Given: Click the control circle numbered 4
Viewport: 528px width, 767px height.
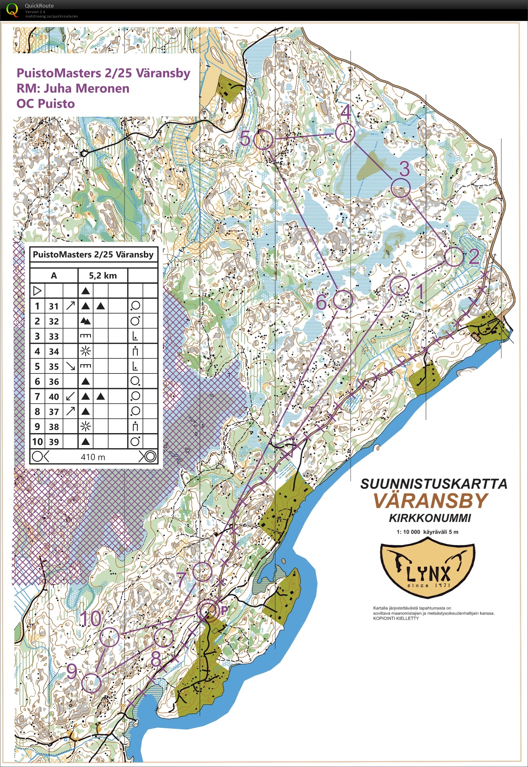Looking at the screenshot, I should click(x=345, y=133).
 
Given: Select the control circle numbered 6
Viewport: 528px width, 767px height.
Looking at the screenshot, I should click(x=343, y=300).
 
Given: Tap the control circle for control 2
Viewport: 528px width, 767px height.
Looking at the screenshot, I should click(x=454, y=257).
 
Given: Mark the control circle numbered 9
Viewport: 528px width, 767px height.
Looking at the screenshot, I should click(x=91, y=683).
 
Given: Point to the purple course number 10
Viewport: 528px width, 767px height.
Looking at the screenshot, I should click(x=91, y=618).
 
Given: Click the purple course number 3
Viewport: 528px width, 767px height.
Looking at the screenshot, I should click(x=404, y=169).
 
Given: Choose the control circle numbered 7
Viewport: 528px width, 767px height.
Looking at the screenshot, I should click(x=202, y=572).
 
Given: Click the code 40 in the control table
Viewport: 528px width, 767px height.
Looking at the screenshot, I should click(x=54, y=396).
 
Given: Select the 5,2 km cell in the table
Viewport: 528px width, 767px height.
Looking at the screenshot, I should click(x=102, y=276).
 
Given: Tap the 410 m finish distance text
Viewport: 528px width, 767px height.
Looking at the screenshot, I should click(x=93, y=457).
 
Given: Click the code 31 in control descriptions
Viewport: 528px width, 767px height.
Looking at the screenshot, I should click(x=54, y=306).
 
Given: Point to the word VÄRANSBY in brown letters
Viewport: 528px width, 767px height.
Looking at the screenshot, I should click(x=431, y=500).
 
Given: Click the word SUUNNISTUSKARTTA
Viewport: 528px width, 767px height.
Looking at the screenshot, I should click(x=433, y=484).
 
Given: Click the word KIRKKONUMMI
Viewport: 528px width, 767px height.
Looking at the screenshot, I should click(x=429, y=518).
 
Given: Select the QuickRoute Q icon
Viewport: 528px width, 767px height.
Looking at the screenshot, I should click(x=12, y=10).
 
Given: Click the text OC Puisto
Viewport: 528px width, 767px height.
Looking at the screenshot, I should click(x=46, y=104).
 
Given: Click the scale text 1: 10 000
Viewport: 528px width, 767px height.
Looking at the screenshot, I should click(x=408, y=532).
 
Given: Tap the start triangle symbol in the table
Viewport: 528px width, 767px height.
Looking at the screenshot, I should click(x=37, y=291).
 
